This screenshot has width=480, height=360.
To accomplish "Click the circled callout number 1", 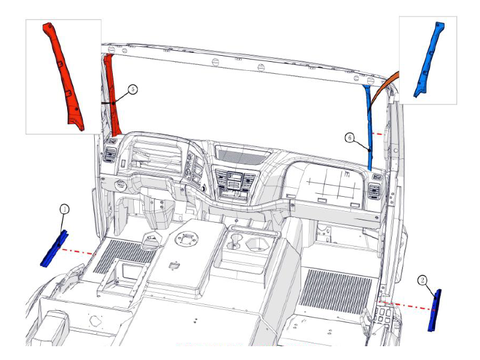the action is point(64,209).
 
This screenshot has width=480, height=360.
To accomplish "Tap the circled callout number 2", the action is point(422,280).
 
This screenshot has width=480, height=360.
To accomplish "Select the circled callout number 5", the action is point(133,89).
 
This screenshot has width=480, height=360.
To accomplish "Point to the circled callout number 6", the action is point(350,137).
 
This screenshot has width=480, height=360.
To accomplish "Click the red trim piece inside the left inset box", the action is point(63,77).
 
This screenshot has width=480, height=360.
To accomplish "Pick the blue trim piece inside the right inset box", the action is point(428,59).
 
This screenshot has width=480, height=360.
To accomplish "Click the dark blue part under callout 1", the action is point(55,248).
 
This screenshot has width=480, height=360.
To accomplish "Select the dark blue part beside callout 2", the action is point(434,310).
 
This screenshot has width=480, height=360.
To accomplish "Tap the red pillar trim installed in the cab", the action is point(111,95).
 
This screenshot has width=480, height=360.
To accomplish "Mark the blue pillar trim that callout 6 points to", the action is point(368,128).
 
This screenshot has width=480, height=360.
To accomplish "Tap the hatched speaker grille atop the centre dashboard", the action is point(241,156).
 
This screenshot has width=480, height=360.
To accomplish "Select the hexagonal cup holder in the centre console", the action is point(257,245).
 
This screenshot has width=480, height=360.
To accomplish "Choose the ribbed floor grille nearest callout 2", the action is point(335,292).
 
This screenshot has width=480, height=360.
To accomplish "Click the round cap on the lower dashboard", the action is point(120,185).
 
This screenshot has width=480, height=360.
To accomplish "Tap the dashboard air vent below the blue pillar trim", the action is point(373,190).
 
